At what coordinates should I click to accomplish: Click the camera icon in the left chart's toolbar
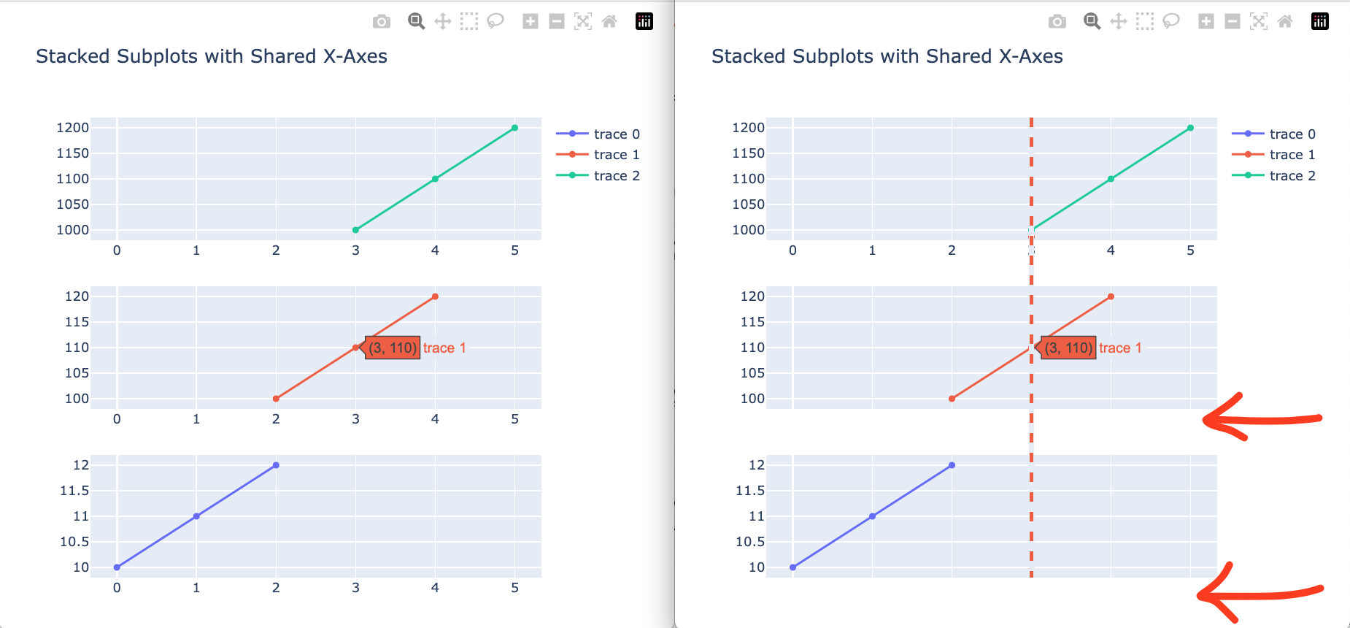[x=381, y=22]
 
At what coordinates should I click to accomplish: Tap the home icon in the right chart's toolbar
[x=1285, y=22]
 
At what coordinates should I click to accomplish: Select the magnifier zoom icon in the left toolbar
[x=416, y=22]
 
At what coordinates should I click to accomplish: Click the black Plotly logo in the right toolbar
[x=1320, y=22]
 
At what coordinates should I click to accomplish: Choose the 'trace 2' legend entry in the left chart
[x=616, y=175]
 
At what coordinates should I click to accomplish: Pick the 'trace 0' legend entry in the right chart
[x=1292, y=134]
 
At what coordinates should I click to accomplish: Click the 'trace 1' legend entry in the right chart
[x=1292, y=154]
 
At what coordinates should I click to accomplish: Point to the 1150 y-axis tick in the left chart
[x=73, y=153]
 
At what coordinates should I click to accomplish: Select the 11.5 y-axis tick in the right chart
[x=750, y=491]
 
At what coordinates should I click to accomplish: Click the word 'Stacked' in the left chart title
[x=73, y=56]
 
